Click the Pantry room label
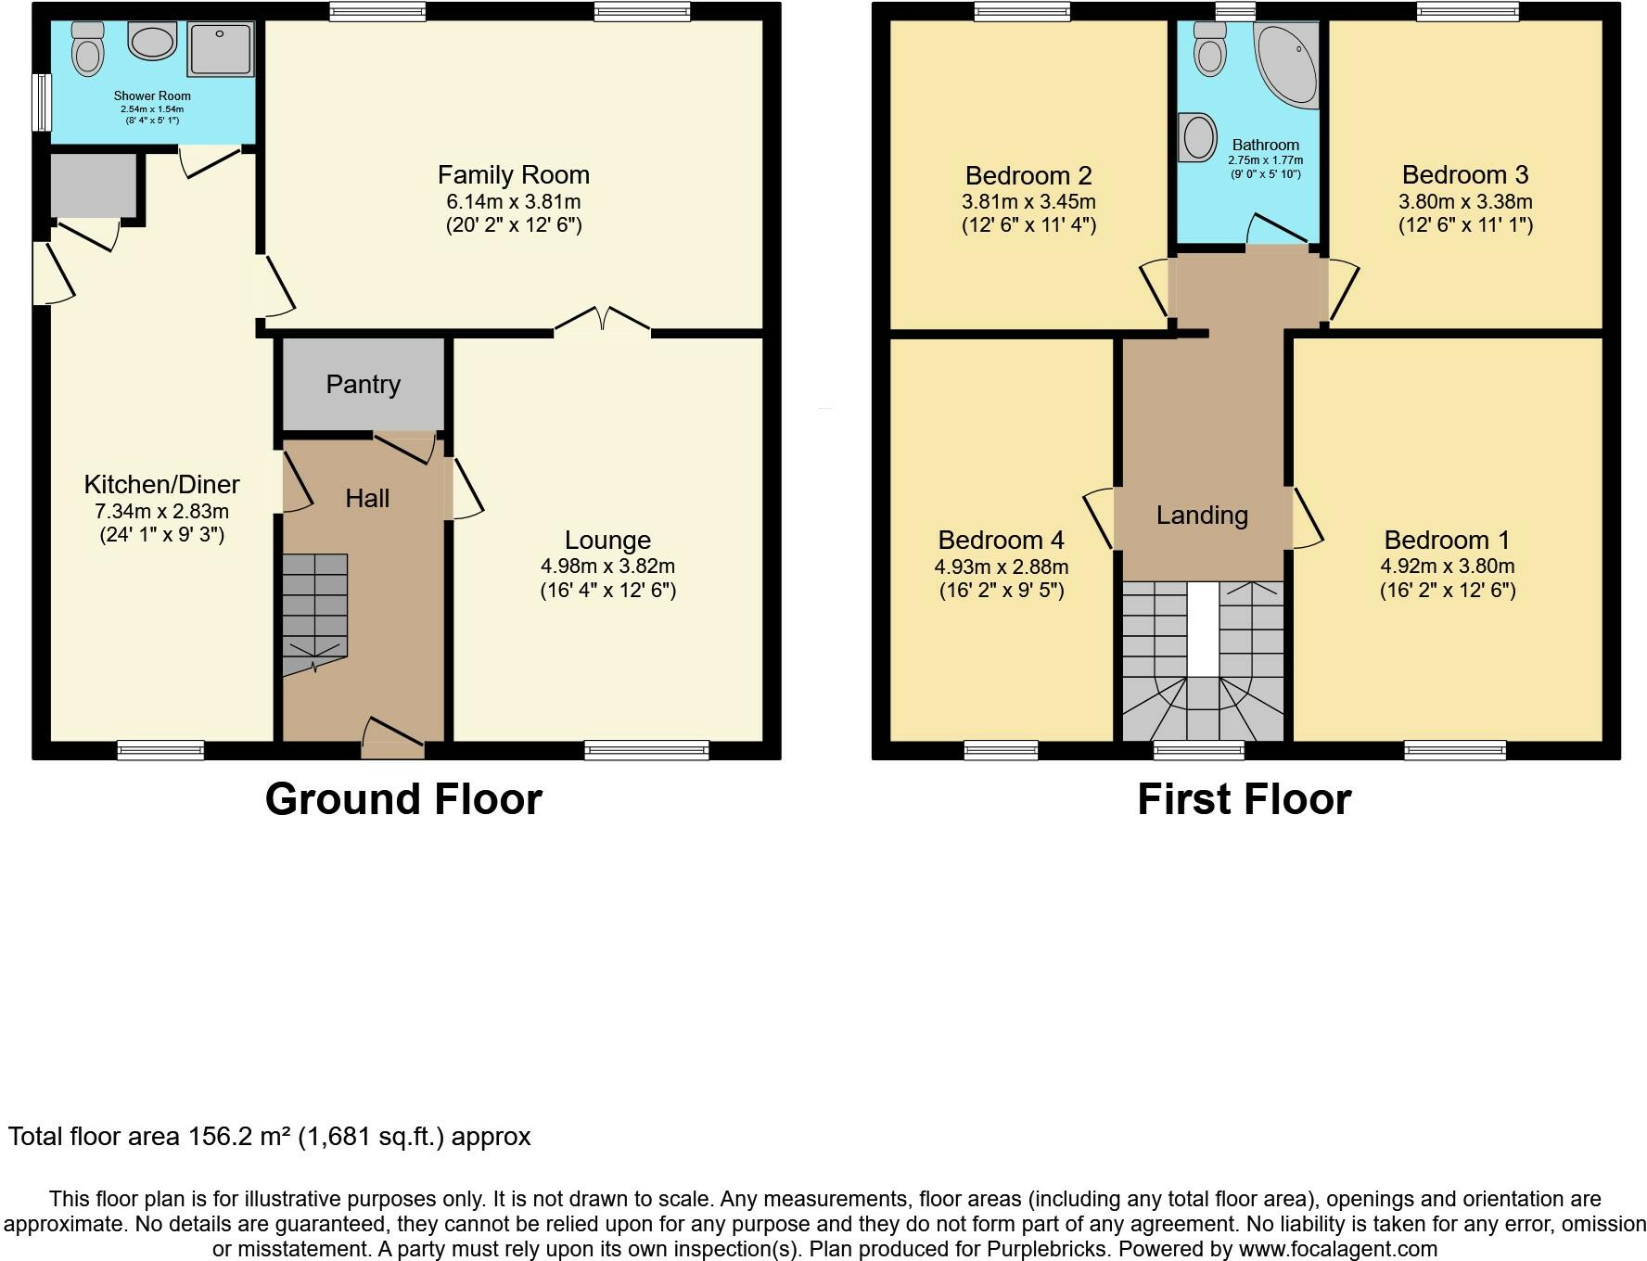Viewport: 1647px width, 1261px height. tap(363, 385)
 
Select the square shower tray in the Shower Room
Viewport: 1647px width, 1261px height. tap(220, 49)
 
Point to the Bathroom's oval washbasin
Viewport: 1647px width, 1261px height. tap(1197, 137)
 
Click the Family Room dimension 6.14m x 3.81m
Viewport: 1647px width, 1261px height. tap(513, 201)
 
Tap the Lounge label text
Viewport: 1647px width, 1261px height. tap(607, 540)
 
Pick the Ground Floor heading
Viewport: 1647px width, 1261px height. tap(403, 799)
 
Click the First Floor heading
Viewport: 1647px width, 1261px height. tap(1244, 799)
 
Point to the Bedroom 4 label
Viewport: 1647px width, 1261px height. tap(1001, 540)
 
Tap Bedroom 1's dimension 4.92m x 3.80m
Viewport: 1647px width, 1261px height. tap(1447, 567)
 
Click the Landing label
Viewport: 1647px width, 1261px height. tap(1202, 515)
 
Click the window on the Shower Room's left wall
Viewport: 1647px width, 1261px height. tap(41, 102)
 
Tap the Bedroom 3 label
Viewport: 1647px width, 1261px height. tap(1464, 174)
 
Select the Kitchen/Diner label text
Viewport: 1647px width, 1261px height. tap(161, 484)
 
